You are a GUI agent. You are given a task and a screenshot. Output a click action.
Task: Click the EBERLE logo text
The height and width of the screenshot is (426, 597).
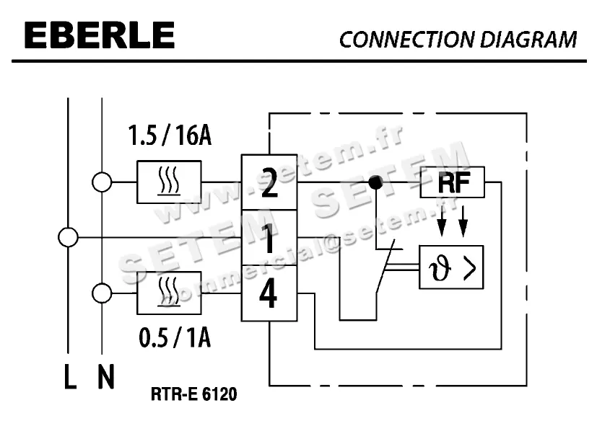(99, 36)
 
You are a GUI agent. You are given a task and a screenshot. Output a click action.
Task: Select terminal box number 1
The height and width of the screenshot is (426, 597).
(269, 238)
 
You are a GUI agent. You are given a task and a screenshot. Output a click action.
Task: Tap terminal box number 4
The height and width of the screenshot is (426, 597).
(269, 293)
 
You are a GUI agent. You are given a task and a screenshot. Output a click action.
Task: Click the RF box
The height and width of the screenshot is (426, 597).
(453, 182)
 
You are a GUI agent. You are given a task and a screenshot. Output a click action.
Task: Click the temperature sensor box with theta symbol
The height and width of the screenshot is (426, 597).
(451, 267)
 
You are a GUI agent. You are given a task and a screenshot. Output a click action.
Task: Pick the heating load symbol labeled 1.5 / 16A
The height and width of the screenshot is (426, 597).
(169, 182)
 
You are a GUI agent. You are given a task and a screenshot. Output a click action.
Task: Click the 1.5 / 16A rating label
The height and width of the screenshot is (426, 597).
(169, 135)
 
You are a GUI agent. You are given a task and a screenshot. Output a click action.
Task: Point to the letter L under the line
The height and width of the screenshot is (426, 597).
(69, 378)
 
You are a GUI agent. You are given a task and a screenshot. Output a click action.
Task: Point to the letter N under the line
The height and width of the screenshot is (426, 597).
(105, 378)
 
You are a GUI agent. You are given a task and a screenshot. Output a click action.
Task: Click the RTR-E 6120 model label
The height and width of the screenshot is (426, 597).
(193, 395)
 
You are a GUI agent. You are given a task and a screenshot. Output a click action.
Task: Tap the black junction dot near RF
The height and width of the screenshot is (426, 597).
(375, 182)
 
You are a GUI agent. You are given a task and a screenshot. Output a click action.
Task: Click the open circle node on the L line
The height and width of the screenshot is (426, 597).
(68, 237)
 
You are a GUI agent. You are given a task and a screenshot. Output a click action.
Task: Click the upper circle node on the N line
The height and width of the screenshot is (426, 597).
(102, 182)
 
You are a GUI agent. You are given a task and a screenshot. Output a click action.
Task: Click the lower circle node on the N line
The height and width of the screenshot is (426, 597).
(102, 293)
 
